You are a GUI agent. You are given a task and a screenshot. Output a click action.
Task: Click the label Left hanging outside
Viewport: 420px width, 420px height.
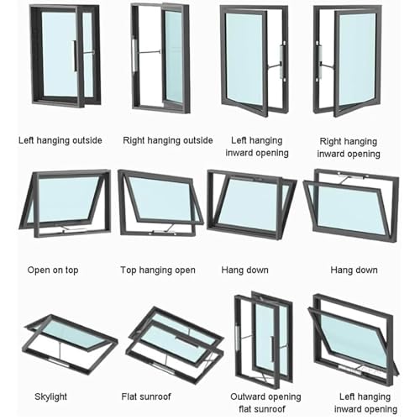coord(60,140)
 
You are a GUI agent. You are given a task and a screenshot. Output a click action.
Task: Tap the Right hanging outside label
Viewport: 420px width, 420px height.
coord(168,140)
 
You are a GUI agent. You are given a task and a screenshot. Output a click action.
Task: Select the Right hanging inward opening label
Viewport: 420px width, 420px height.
coord(349,148)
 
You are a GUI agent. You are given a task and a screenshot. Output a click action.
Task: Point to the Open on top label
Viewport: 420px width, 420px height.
coord(53,270)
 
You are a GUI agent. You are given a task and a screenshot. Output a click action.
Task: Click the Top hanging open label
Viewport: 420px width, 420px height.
coord(158,270)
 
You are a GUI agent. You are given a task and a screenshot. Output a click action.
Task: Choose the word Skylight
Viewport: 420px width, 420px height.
coord(50,396)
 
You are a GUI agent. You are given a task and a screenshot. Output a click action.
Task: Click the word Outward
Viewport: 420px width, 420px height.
coord(246,396)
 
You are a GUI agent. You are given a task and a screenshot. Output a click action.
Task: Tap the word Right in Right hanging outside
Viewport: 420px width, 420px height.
coord(134,140)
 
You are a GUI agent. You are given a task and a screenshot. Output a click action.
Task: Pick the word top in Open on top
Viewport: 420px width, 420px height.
coord(72,270)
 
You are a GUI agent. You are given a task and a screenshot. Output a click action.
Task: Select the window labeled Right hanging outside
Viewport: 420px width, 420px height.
coord(160,57)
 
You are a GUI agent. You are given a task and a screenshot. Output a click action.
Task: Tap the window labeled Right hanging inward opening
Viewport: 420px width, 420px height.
coord(347,60)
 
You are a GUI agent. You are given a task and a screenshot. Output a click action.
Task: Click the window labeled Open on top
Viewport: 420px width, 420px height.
coord(65,204)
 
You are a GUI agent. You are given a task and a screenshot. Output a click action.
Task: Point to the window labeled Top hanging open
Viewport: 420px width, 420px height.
coord(160,202)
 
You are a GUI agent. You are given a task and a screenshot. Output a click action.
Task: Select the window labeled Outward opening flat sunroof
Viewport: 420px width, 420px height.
coord(264,339)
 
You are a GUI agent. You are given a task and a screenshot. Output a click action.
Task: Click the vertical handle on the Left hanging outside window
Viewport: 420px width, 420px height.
coord(75,55)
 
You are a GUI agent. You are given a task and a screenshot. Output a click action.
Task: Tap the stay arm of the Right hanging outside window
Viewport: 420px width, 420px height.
coord(148,52)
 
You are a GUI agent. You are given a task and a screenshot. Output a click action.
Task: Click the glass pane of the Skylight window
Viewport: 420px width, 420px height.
coord(73,333)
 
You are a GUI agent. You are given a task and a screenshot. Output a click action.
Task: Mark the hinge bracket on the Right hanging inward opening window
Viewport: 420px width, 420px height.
coord(319,61)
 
